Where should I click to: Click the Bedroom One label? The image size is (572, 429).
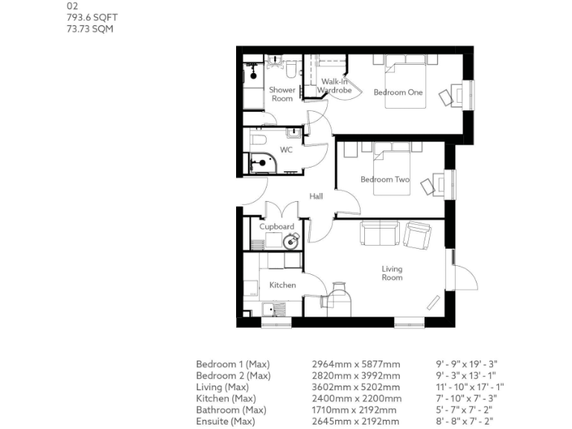(398, 92)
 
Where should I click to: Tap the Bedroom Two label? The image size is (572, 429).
(385, 179)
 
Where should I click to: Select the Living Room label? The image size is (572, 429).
(392, 273)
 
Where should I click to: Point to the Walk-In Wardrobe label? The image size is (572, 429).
(334, 86)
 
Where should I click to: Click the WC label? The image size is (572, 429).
(286, 150)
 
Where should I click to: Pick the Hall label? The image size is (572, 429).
(316, 196)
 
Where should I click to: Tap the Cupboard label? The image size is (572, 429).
(276, 226)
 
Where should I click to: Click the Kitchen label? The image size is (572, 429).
(282, 285)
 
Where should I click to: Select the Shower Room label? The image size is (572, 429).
(282, 95)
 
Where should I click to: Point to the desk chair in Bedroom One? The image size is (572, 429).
(446, 96)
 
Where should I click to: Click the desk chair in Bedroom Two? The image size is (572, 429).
(428, 185)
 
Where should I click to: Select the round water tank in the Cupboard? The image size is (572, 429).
(292, 241)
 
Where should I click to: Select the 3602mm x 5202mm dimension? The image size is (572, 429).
(355, 387)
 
